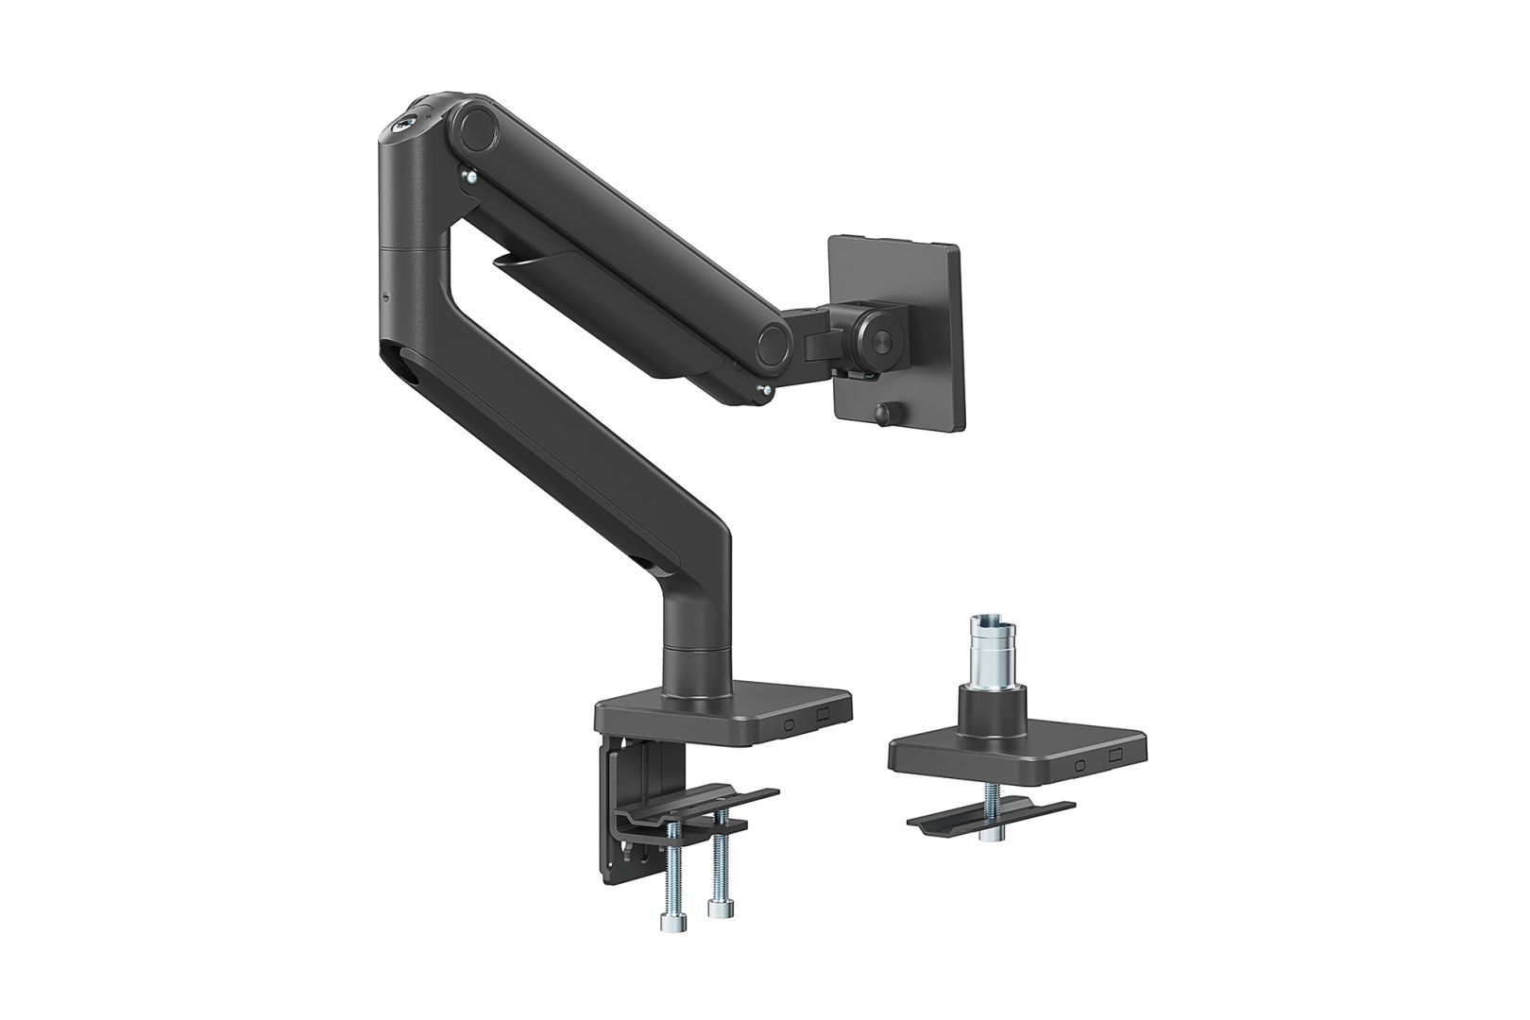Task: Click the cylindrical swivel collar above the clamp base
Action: pyautogui.click(x=700, y=670)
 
